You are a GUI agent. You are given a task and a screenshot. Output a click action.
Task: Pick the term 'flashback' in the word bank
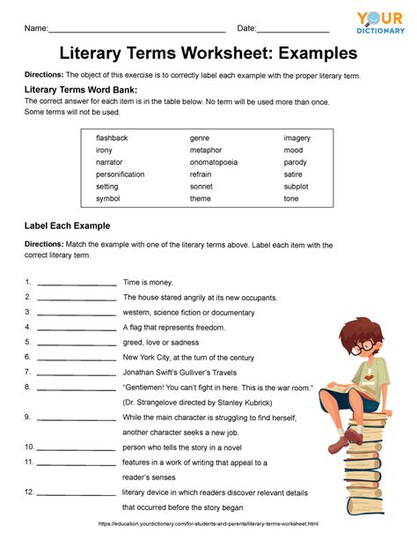[112, 138]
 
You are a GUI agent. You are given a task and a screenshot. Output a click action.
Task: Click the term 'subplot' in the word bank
[296, 186]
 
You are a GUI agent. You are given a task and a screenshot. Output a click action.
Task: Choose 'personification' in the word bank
[120, 174]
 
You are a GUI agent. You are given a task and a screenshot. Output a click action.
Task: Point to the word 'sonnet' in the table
[201, 186]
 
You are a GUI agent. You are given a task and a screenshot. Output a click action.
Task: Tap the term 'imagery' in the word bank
[296, 138]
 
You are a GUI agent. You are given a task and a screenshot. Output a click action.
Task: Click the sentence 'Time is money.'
[148, 283]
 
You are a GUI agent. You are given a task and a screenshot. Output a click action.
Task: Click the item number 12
[29, 492]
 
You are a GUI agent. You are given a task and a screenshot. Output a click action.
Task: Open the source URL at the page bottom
[208, 525]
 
